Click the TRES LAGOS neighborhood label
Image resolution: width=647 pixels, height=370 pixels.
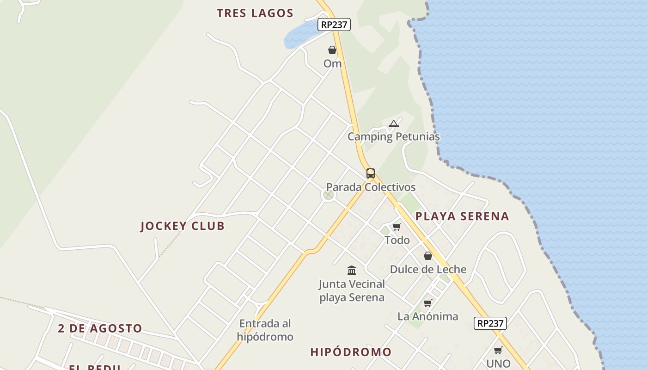click(x=255, y=13)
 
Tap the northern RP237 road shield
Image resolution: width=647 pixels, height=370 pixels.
click(x=334, y=25)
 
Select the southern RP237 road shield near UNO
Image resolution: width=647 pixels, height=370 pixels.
click(x=490, y=323)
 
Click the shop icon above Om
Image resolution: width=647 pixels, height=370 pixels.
click(x=332, y=50)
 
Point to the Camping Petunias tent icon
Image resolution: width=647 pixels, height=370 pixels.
click(x=393, y=123)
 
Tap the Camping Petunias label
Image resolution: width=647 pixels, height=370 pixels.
click(x=393, y=136)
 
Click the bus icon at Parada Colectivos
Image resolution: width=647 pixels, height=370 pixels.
click(x=370, y=173)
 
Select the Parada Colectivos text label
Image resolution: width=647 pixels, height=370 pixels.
click(x=371, y=187)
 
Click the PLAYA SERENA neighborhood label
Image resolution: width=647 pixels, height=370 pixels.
click(x=462, y=216)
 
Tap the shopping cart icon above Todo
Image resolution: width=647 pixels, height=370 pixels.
click(x=397, y=227)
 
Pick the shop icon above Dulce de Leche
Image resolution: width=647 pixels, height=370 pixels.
click(x=428, y=256)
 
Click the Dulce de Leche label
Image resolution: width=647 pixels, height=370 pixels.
click(x=428, y=269)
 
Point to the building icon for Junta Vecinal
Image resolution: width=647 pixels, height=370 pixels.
click(x=352, y=270)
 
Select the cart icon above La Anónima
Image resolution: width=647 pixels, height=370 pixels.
click(x=427, y=303)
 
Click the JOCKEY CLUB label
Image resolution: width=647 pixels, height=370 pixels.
click(x=182, y=226)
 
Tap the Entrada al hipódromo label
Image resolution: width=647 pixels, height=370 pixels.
click(x=265, y=330)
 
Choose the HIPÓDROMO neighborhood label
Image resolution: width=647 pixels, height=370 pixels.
click(x=351, y=352)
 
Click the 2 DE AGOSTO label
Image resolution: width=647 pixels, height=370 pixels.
click(x=100, y=328)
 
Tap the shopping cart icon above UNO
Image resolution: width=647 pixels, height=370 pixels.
click(x=498, y=350)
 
